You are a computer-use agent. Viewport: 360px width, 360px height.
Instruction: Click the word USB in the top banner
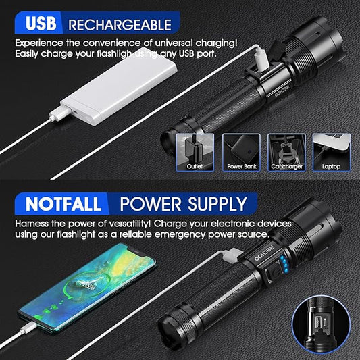click(x=41, y=24)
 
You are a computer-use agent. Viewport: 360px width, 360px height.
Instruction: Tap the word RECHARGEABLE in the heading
click(x=120, y=25)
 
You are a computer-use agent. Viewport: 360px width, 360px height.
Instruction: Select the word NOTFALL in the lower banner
click(x=63, y=204)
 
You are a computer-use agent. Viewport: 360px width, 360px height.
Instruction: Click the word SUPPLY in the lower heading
click(x=217, y=204)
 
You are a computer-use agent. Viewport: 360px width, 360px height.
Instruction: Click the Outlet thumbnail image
click(x=195, y=152)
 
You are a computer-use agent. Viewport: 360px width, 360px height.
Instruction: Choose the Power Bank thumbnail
click(x=241, y=152)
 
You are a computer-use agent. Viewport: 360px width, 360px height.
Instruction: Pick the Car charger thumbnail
click(x=286, y=152)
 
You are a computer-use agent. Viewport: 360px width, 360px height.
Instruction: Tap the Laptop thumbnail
click(x=332, y=152)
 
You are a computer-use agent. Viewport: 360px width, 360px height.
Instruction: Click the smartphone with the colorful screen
click(x=87, y=287)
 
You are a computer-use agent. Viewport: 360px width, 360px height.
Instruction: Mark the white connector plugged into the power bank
click(x=60, y=113)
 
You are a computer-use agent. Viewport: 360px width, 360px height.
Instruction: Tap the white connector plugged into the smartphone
click(x=28, y=328)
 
